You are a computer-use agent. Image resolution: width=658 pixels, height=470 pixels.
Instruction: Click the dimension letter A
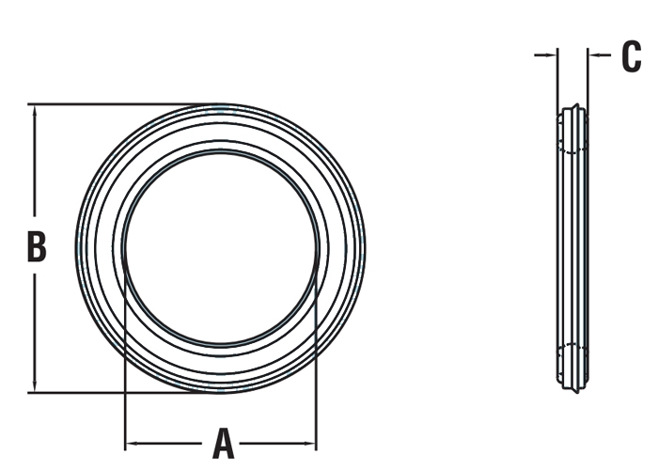click(x=223, y=443)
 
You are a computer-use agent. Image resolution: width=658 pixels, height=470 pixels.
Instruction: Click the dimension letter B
click(x=37, y=246)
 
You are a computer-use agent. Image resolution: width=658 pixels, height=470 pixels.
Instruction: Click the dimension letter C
click(x=631, y=56)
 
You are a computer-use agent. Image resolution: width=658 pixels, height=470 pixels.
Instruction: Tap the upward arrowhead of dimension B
click(x=35, y=111)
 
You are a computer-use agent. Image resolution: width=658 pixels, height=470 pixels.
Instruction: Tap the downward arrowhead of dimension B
click(x=35, y=385)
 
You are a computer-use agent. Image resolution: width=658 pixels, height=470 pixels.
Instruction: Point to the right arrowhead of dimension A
click(x=309, y=443)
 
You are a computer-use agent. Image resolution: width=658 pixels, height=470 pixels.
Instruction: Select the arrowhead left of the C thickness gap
click(x=551, y=55)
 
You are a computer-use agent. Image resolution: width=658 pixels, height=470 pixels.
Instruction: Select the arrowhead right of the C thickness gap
click(x=594, y=55)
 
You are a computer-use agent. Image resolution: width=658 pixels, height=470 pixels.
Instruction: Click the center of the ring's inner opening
click(x=221, y=248)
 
